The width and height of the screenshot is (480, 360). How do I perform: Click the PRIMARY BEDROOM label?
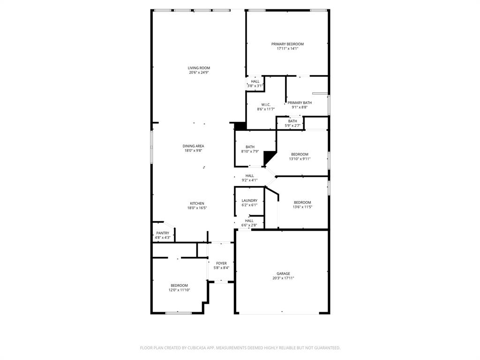[x=287, y=44]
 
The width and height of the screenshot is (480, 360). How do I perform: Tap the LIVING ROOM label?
[x=199, y=68]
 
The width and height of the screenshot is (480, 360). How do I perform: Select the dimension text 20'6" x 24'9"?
[x=199, y=73]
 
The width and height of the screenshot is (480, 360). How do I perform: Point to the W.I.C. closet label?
[x=266, y=105]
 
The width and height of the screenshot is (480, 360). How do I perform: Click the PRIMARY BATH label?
[x=300, y=103]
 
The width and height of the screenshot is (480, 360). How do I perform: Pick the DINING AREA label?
[x=193, y=146]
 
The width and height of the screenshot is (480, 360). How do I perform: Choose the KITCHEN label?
[x=197, y=203]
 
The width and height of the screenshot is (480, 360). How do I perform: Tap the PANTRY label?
[x=163, y=233]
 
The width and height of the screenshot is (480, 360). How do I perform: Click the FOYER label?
[x=221, y=263]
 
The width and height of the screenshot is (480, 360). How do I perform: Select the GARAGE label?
[x=283, y=274]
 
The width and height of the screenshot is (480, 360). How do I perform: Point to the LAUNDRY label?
[x=249, y=201]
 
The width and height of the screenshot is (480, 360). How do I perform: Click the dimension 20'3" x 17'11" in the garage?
[x=283, y=278]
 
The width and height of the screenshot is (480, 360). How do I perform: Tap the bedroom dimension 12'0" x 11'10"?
[x=179, y=290]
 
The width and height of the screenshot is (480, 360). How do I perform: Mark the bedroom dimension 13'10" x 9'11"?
[x=300, y=159]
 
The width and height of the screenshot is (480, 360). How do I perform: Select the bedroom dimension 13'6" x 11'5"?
[x=302, y=207]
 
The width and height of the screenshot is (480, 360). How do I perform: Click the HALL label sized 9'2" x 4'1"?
[x=249, y=176]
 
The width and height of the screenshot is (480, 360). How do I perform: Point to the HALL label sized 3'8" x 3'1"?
[x=255, y=82]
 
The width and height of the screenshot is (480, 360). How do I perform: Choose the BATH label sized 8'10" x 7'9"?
[x=250, y=147]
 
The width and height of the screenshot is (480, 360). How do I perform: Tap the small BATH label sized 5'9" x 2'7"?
[x=292, y=121]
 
